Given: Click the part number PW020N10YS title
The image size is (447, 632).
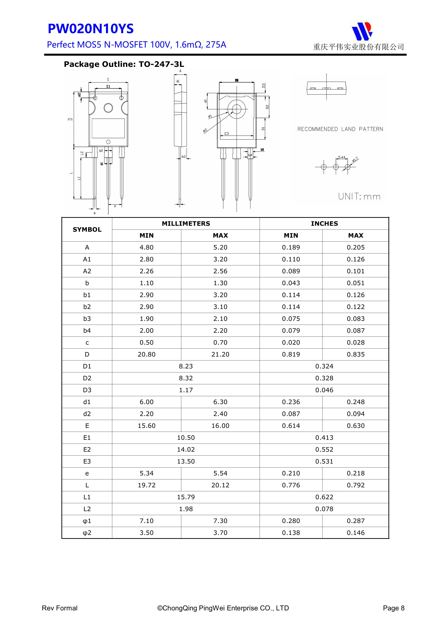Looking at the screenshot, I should point(91,29).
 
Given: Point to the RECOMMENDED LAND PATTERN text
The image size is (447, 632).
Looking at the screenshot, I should point(340,129).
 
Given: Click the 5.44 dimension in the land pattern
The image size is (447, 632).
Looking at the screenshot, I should point(342,157).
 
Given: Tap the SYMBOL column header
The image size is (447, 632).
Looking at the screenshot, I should point(87,230).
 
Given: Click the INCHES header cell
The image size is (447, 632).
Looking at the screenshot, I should point(324,224).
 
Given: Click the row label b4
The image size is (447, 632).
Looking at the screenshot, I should point(87,331).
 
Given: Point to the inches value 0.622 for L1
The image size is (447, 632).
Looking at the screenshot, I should point(324,497).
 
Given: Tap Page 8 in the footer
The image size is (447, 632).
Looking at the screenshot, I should point(394,608).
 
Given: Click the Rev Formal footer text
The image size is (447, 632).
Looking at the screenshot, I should point(59,608).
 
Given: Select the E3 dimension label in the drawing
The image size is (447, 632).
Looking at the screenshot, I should point(226,134).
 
